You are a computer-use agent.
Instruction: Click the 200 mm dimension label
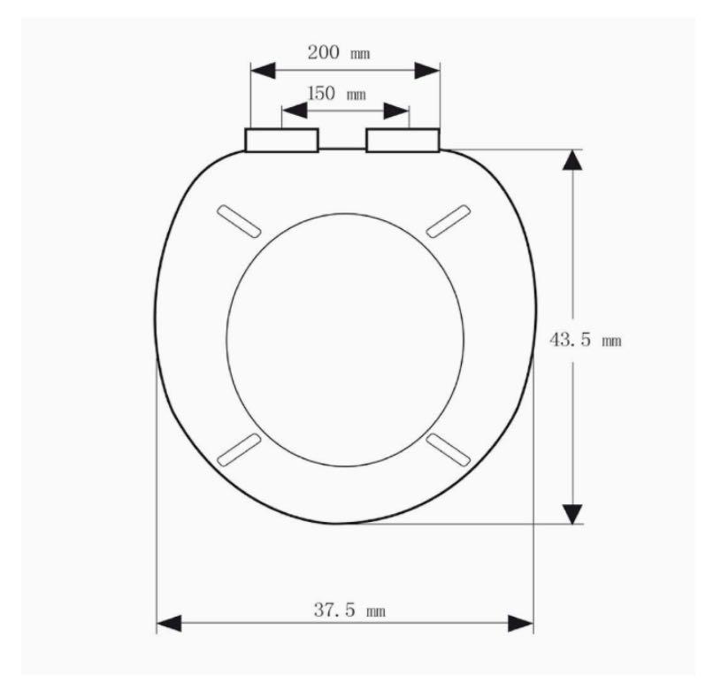338,51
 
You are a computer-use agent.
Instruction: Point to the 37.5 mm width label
349,610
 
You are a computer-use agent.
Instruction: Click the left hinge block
281,140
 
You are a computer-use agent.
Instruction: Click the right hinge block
403,140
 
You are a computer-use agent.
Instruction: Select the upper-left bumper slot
238,219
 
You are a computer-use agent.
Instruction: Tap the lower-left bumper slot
238,449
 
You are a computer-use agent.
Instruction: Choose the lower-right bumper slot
449,449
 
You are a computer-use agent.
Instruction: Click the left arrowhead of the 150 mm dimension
294,111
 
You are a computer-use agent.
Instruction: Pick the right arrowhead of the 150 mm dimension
398,111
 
